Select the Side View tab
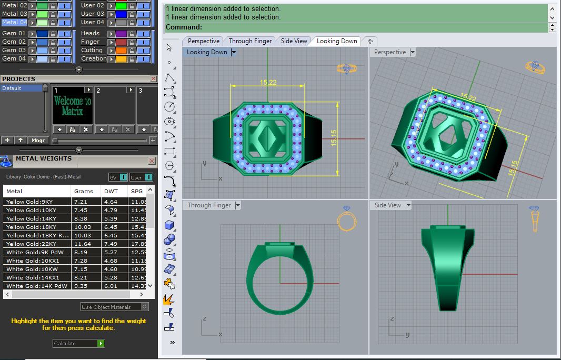pyautogui.click(x=294, y=41)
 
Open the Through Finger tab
pyautogui.click(x=250, y=41)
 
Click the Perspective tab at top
pyautogui.click(x=204, y=41)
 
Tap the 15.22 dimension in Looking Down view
pyautogui.click(x=268, y=82)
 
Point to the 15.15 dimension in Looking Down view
pyautogui.click(x=334, y=139)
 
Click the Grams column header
pyautogui.click(x=84, y=191)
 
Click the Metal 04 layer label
pyautogui.click(x=14, y=22)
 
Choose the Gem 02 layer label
pyautogui.click(x=14, y=42)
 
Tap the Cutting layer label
pyautogui.click(x=92, y=50)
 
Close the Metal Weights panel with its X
pyautogui.click(x=152, y=161)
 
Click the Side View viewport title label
pyautogui.click(x=388, y=205)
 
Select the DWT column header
pyautogui.click(x=111, y=191)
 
